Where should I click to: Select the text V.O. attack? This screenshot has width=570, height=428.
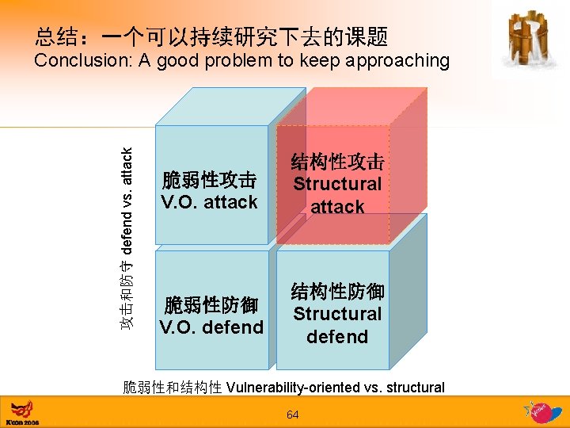click(209, 202)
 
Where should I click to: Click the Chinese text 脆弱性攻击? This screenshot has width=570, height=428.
click(209, 179)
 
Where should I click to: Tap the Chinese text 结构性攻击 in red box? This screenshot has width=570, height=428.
click(337, 162)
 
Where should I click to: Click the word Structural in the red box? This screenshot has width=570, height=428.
click(337, 184)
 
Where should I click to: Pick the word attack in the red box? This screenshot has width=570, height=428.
click(337, 207)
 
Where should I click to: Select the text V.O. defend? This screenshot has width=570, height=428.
click(211, 327)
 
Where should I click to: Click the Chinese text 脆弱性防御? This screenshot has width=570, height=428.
click(211, 305)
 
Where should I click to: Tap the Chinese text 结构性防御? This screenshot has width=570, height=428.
click(337, 291)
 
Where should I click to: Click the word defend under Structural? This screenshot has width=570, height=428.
click(337, 337)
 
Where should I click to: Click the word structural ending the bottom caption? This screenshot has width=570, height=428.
click(415, 388)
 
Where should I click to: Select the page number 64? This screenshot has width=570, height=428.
click(293, 415)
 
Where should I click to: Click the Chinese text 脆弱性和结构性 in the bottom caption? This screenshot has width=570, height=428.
click(172, 388)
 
